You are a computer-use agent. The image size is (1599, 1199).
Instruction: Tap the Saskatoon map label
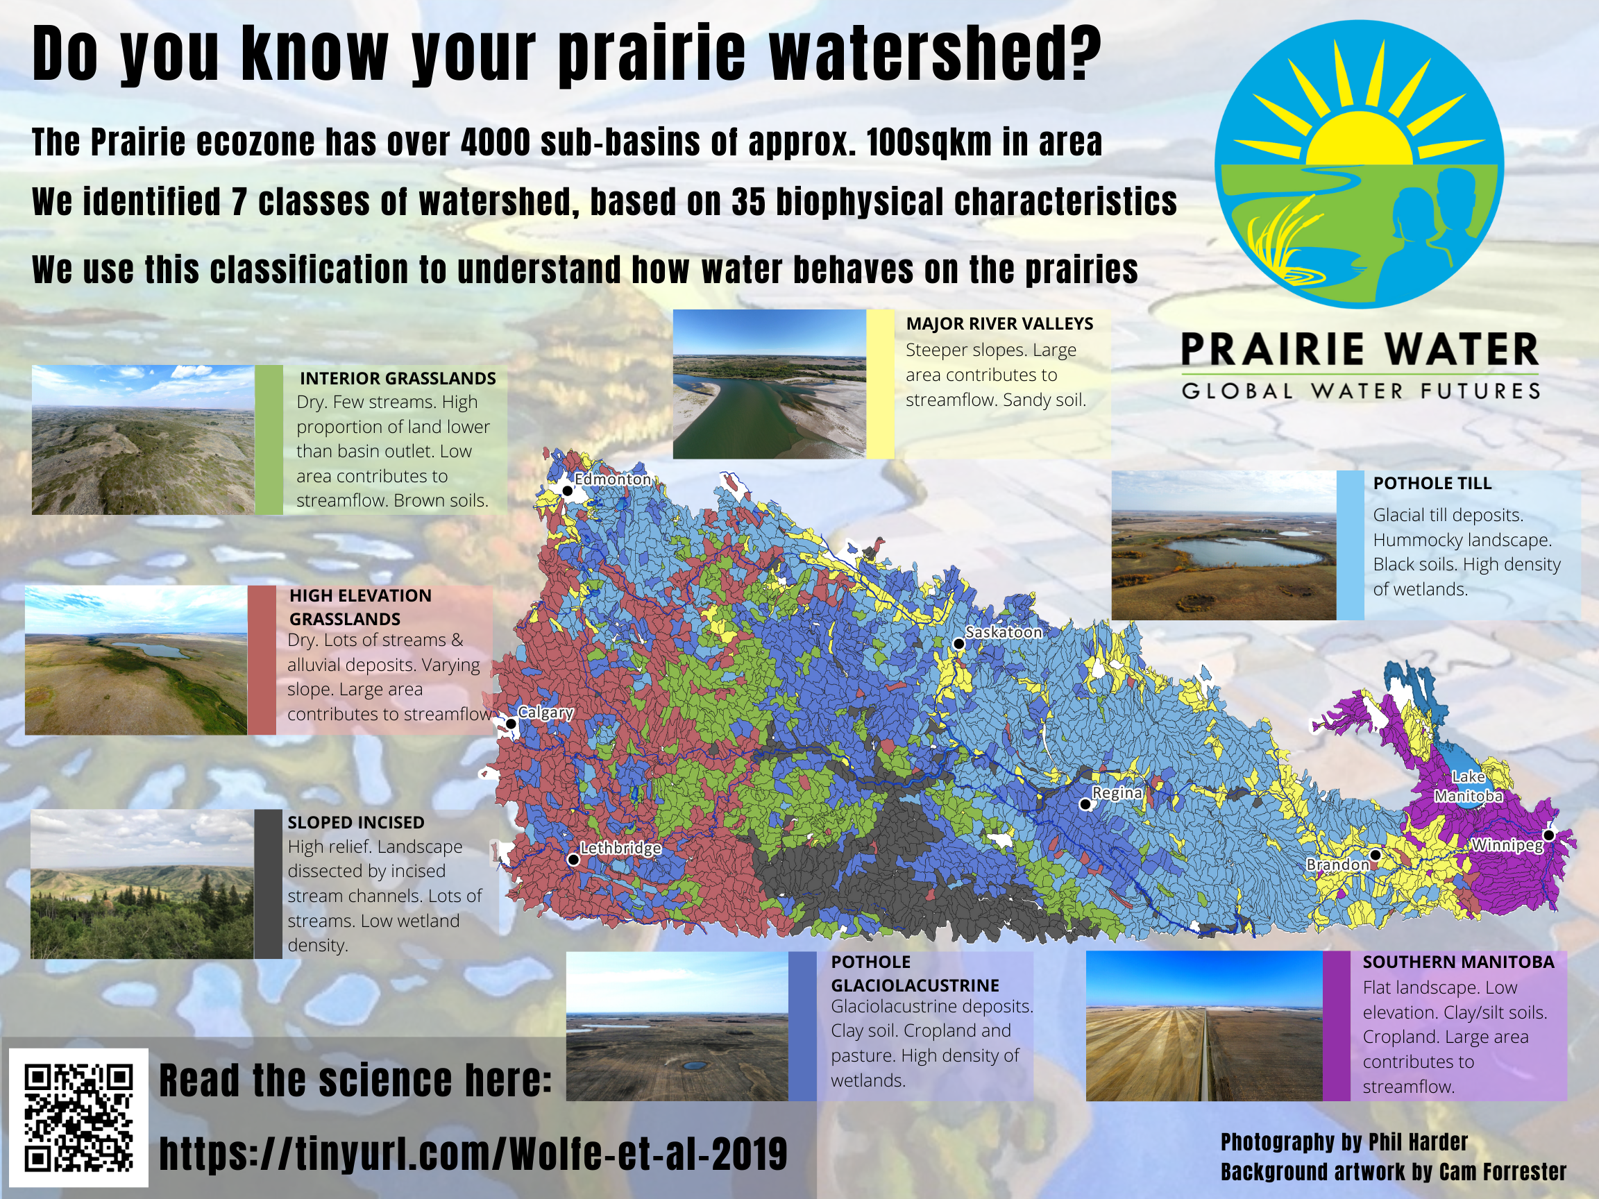[x=1004, y=632]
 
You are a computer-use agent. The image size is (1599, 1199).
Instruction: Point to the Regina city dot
[x=1085, y=803]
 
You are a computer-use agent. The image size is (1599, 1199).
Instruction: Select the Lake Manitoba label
[x=1468, y=786]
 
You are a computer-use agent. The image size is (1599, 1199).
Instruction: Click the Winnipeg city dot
[x=1548, y=835]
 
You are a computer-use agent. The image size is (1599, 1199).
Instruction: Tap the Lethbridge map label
[x=620, y=849]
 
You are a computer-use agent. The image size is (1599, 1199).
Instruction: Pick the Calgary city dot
[x=511, y=724]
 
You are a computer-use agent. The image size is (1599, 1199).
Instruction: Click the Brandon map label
[x=1338, y=865]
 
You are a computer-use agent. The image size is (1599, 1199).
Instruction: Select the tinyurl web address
[x=473, y=1153]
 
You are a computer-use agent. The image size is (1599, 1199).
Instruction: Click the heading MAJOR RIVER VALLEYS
[x=999, y=324]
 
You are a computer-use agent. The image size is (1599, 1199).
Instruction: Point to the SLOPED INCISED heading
[x=355, y=822]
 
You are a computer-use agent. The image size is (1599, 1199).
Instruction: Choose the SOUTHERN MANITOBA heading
[x=1458, y=962]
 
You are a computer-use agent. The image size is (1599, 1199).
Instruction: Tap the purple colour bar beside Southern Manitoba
[x=1337, y=1026]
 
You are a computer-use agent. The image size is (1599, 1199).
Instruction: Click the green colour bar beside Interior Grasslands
[x=269, y=440]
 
